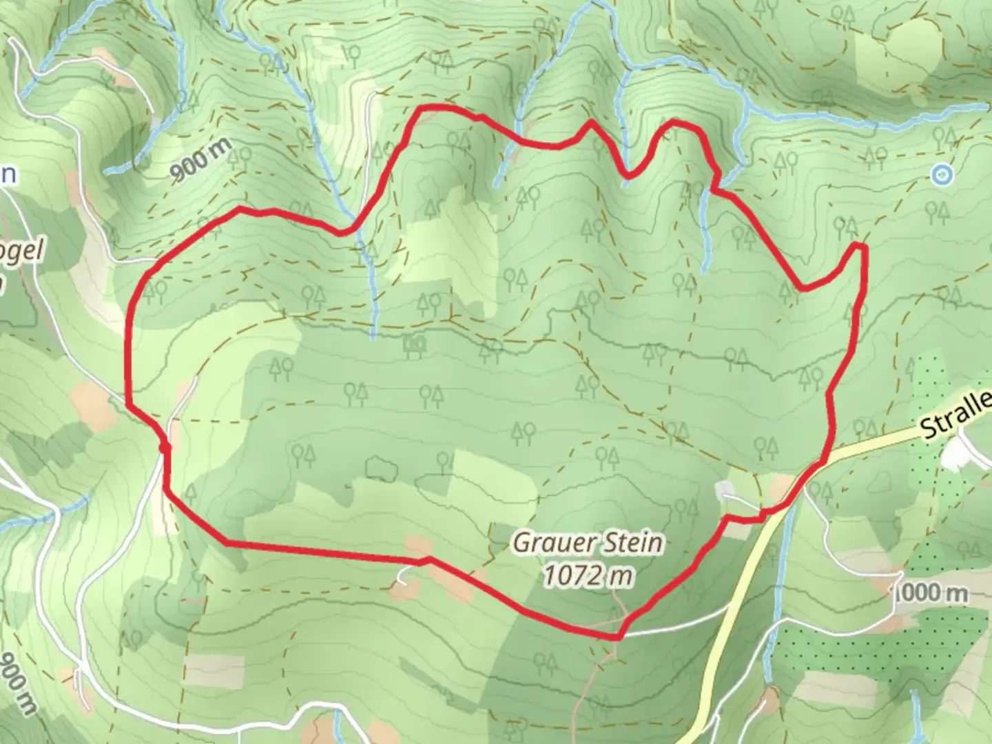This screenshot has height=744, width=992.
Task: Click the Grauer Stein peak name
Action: tap(588, 544)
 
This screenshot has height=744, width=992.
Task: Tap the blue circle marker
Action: tap(941, 175)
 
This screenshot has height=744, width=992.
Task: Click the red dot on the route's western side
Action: tap(164, 448)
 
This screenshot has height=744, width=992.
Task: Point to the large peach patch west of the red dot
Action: tap(93, 403)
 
